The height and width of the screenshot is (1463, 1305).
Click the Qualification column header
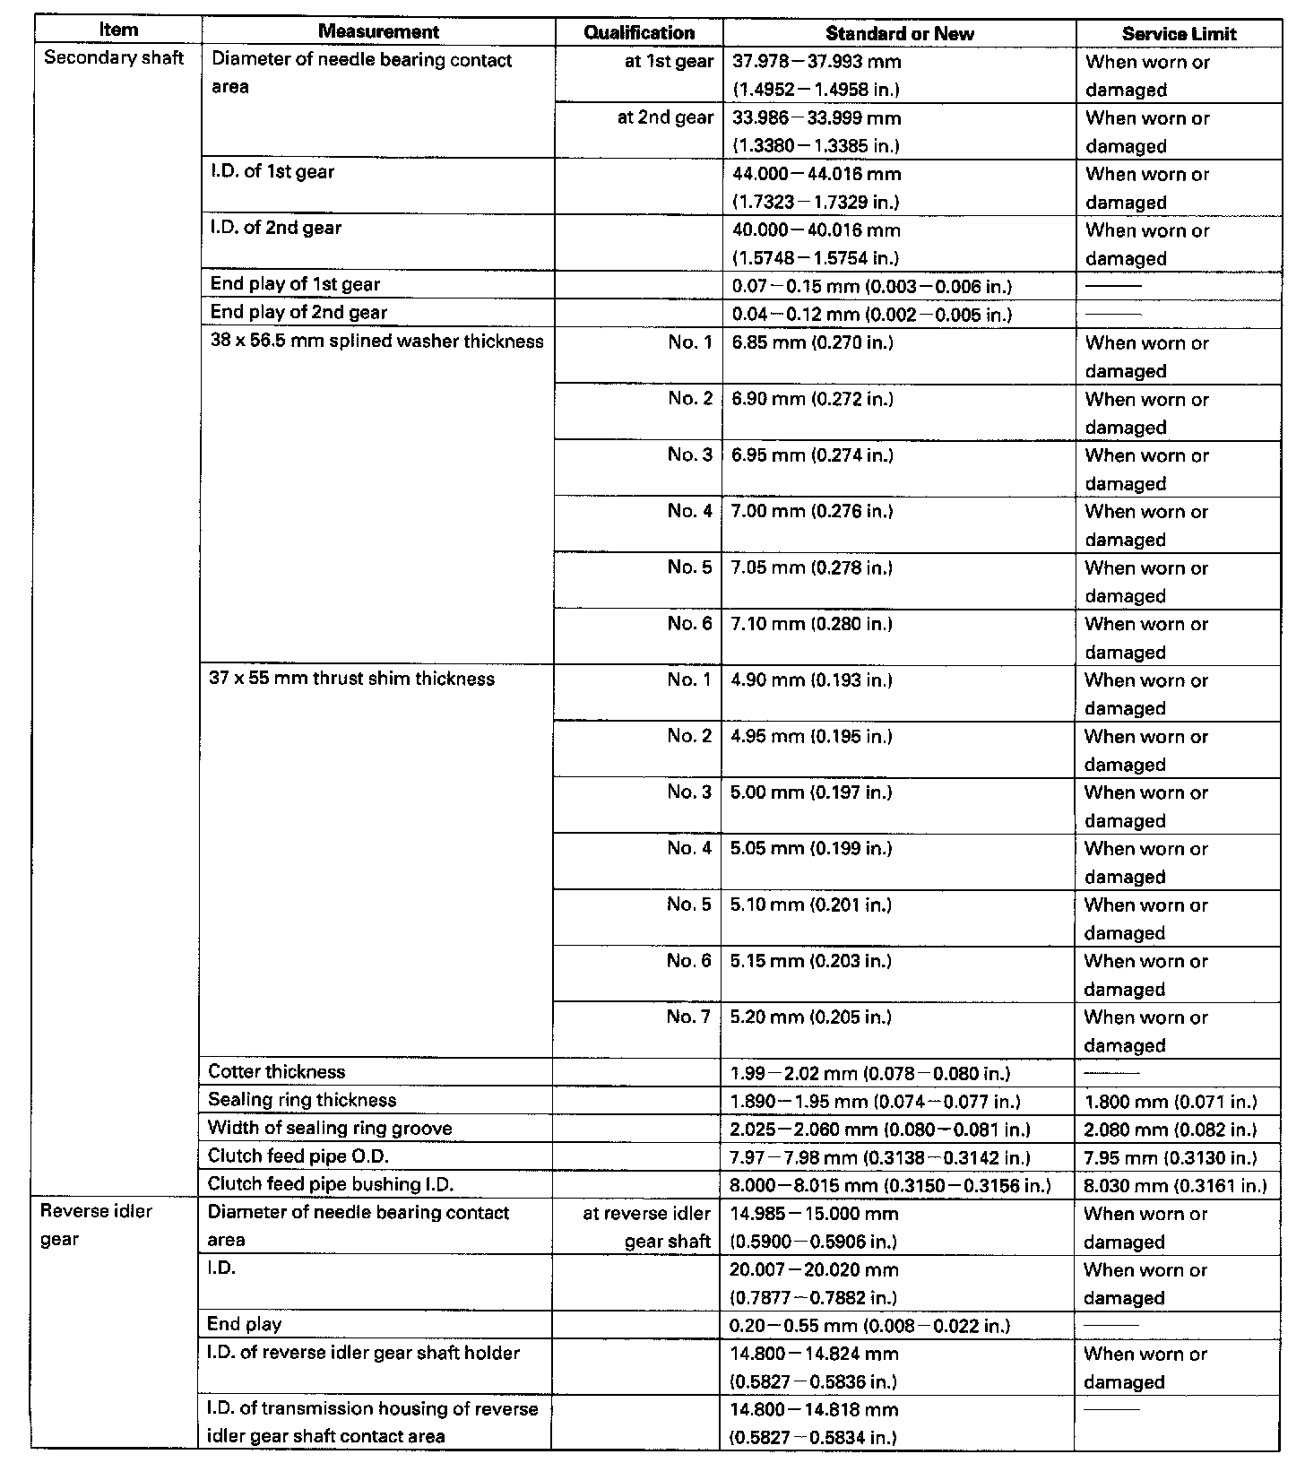coord(639,33)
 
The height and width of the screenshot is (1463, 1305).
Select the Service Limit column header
coord(1179,34)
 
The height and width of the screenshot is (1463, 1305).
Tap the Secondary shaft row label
coord(114,58)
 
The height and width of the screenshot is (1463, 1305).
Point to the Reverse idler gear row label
coord(97,1225)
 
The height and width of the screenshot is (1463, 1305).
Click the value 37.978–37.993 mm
coord(817,62)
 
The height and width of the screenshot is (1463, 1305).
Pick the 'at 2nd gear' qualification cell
coord(665,117)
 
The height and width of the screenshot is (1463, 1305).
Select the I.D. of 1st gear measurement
coord(272,172)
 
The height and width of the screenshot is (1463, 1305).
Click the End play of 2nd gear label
coord(298,313)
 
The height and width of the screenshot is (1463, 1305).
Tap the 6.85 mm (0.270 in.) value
coord(812,342)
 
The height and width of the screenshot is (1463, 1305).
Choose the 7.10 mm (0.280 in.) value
coord(812,624)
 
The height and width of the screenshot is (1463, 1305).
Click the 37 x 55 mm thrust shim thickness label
coord(351,679)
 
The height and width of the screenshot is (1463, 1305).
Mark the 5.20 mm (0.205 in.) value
coord(811,1017)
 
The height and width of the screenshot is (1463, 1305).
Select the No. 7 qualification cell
coord(688,1017)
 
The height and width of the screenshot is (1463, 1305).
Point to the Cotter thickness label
coord(276,1072)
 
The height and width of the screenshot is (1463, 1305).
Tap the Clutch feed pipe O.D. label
coord(298,1156)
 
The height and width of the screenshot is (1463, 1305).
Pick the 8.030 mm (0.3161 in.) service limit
coord(1175,1186)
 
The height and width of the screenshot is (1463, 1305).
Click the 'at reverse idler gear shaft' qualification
coord(646,1227)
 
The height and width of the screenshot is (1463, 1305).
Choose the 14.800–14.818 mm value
coord(814,1409)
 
